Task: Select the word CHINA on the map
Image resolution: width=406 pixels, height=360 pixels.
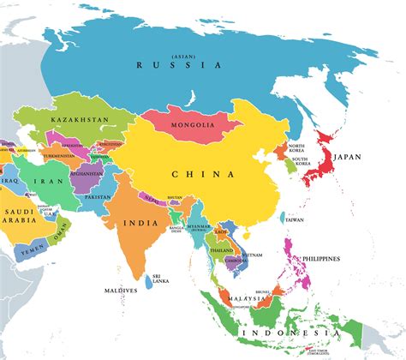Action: click(203, 174)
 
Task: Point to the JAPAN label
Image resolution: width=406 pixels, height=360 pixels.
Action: click(347, 157)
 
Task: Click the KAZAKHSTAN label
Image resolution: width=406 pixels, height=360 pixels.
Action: click(81, 120)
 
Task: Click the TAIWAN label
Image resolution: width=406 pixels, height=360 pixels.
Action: click(295, 219)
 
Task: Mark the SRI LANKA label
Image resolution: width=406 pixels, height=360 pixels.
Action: click(159, 279)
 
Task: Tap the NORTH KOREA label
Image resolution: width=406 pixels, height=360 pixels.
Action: click(296, 151)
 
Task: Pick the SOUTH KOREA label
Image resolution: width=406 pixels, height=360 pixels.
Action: click(300, 163)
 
